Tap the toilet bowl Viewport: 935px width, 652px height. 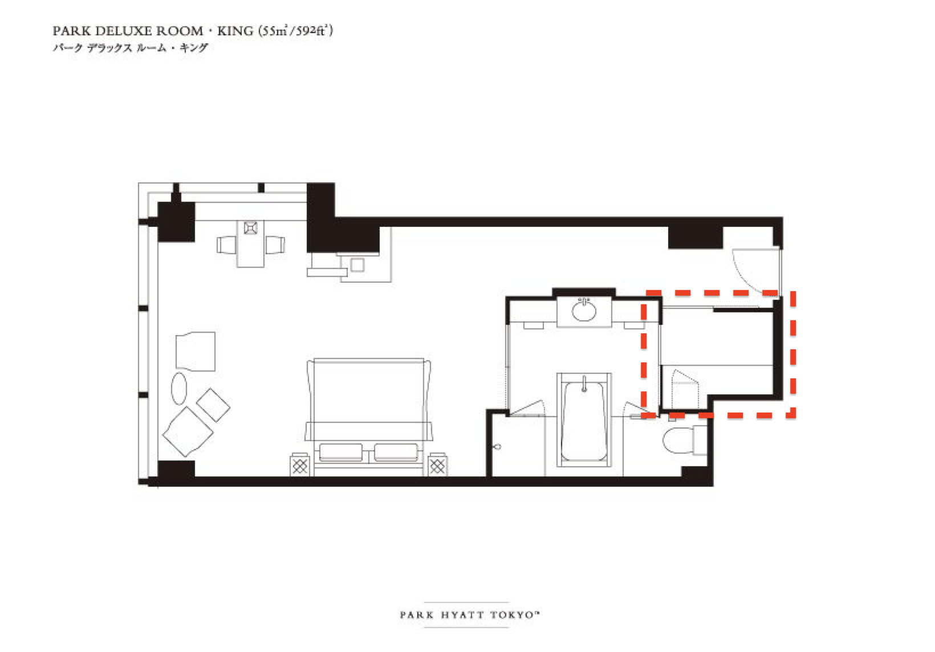pos(678,440)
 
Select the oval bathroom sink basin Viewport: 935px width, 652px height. pos(584,311)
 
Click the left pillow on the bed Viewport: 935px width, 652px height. pos(340,452)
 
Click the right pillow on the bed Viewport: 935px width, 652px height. pos(396,452)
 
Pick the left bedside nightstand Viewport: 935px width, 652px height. pos(300,464)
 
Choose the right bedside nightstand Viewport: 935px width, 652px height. pos(437,464)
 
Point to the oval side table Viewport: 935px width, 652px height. pos(179,388)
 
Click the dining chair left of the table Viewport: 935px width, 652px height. pos(227,245)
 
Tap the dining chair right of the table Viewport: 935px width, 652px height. pos(275,245)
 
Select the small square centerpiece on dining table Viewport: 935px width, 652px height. pos(250,228)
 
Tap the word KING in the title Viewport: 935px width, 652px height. pos(235,31)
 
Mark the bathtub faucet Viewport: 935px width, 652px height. pos(584,384)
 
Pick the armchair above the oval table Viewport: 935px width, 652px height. pos(196,351)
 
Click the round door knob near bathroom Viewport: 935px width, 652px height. pos(497,447)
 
